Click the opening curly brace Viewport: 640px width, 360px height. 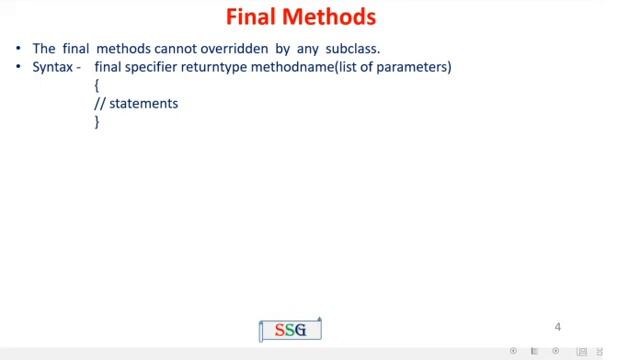click(97, 85)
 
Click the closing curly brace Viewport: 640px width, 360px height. click(97, 121)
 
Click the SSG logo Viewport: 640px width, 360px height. click(290, 330)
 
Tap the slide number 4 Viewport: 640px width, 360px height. click(558, 326)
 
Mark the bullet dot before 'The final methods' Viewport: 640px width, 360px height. click(19, 48)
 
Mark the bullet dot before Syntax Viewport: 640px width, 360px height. click(19, 67)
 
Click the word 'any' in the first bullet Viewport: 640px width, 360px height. click(306, 47)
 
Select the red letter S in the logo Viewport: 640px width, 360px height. click(280, 330)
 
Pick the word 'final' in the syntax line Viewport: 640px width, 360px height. click(110, 66)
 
